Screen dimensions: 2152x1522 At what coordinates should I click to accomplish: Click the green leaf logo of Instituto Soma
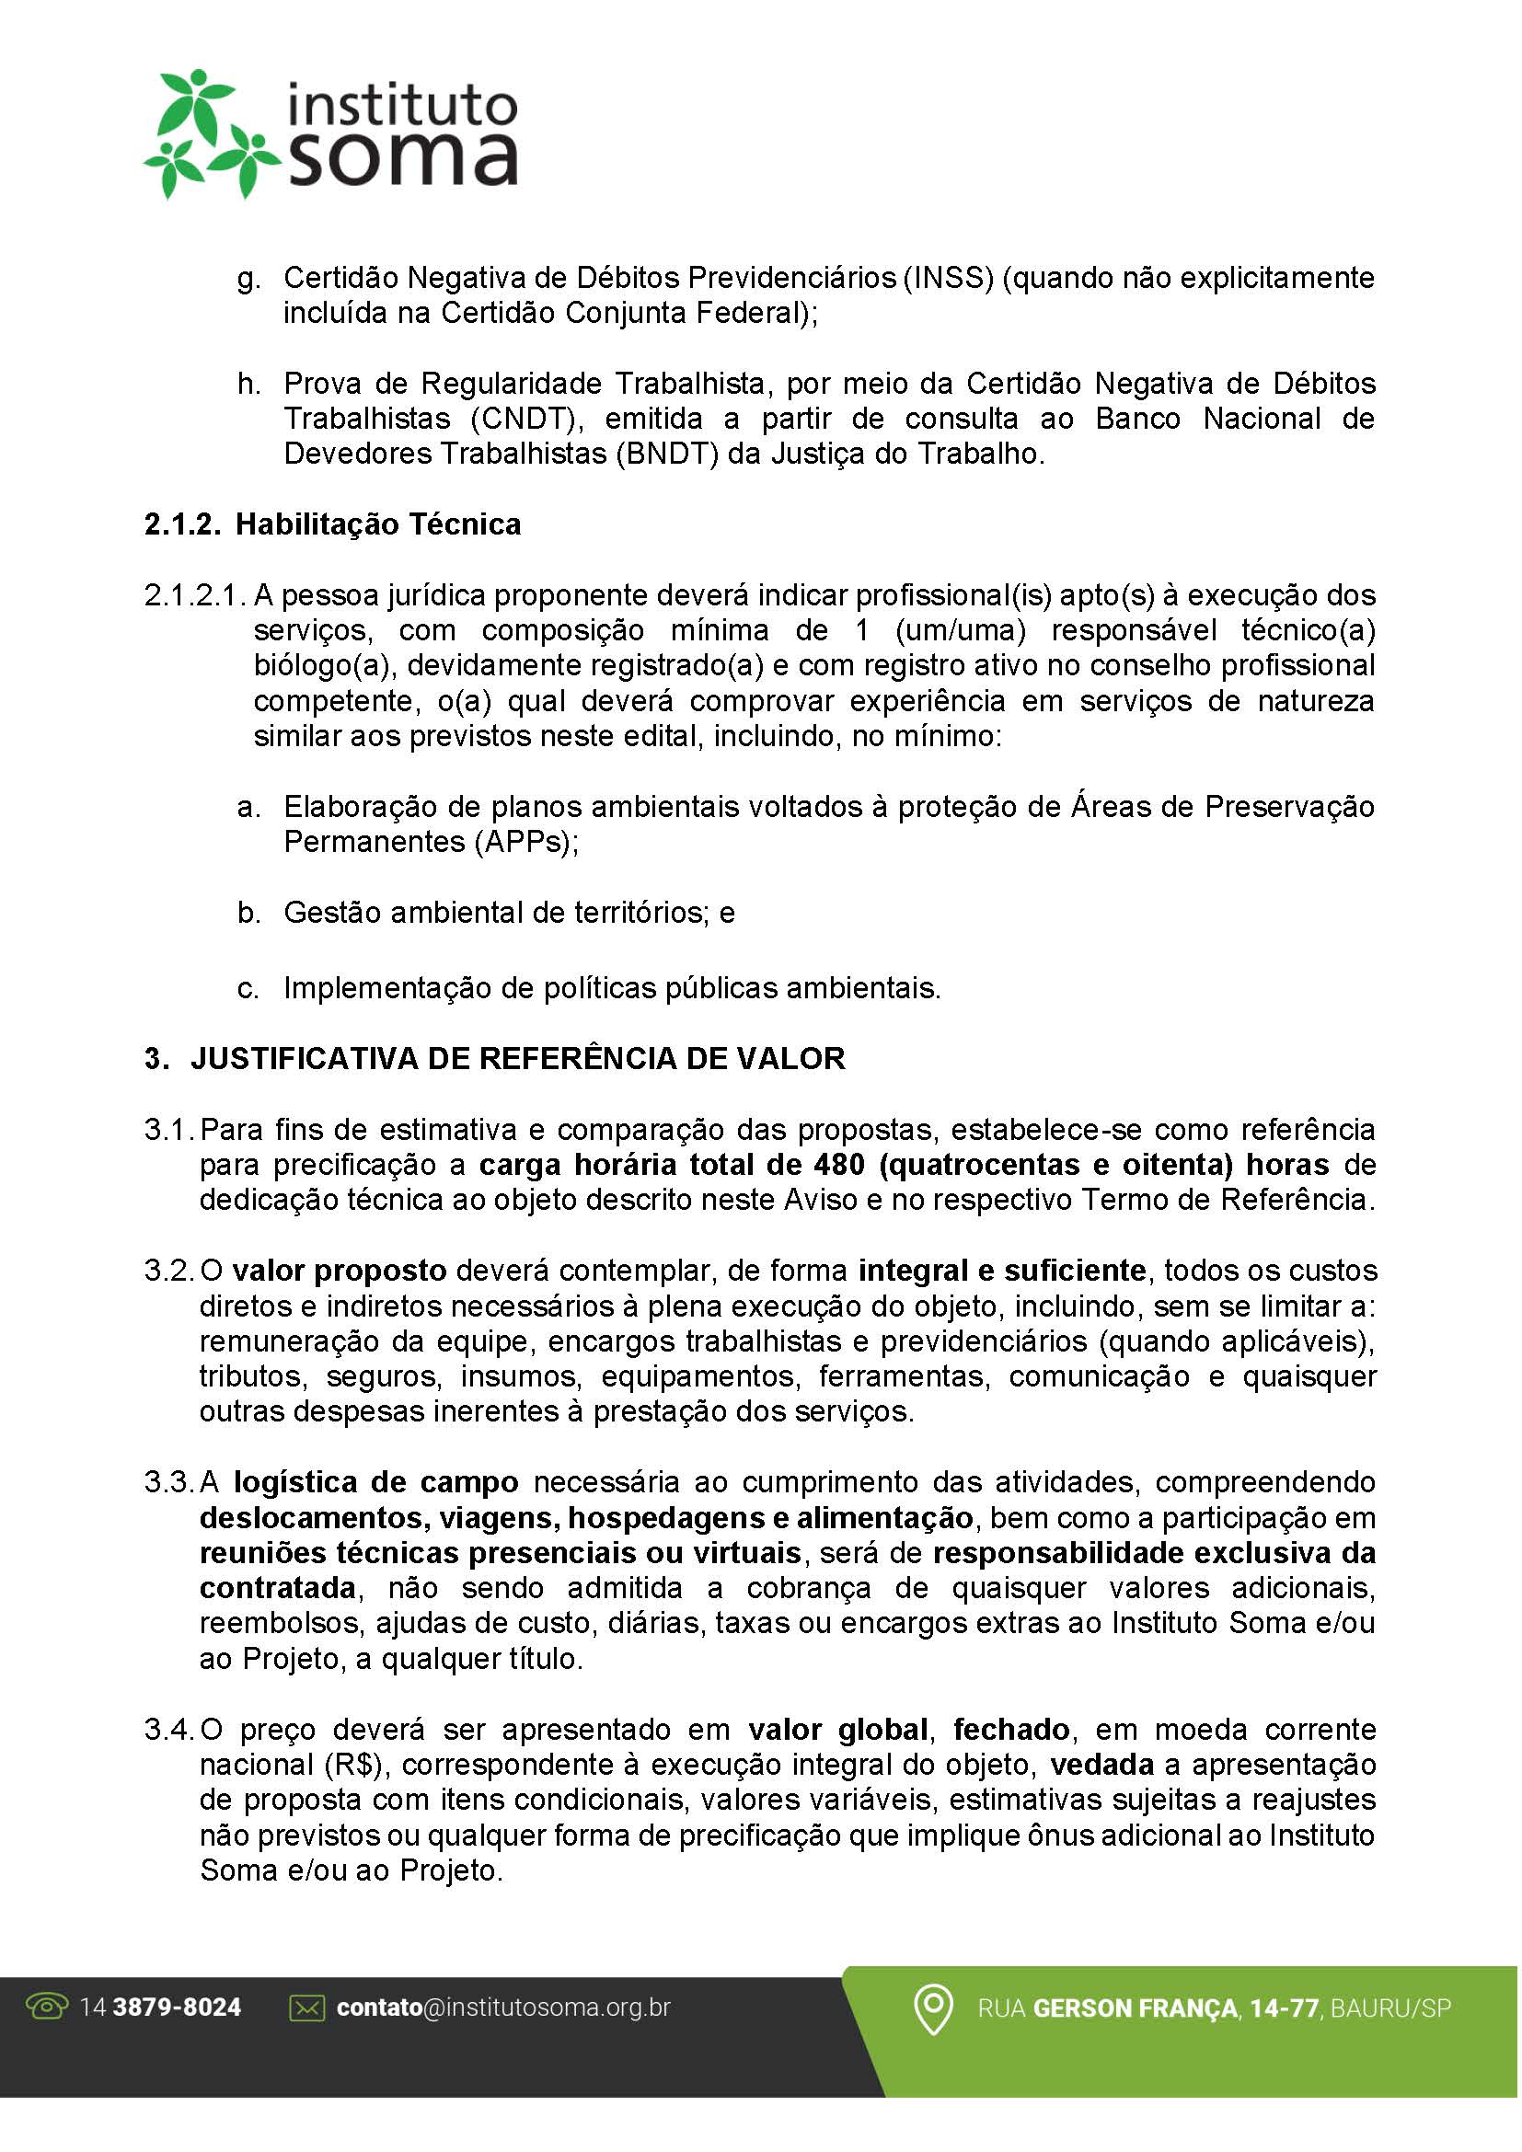[x=208, y=133]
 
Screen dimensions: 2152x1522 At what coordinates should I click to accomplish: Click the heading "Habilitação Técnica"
[x=377, y=524]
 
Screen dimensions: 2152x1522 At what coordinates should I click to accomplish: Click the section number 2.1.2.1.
[x=195, y=596]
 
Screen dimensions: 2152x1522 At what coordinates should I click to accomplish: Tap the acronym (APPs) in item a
[x=525, y=843]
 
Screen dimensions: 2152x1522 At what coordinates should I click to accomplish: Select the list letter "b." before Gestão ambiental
[x=248, y=913]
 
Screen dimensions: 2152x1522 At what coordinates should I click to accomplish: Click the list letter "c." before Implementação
[x=248, y=989]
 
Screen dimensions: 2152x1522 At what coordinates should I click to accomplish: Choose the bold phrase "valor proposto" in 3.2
[x=340, y=1272]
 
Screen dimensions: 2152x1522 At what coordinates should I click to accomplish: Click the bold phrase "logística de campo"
[x=375, y=1483]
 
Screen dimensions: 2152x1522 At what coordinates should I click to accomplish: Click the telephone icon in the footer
[x=47, y=2008]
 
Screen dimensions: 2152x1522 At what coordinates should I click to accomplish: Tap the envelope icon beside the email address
[x=306, y=2008]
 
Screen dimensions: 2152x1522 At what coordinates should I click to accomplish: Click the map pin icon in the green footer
[x=932, y=2008]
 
